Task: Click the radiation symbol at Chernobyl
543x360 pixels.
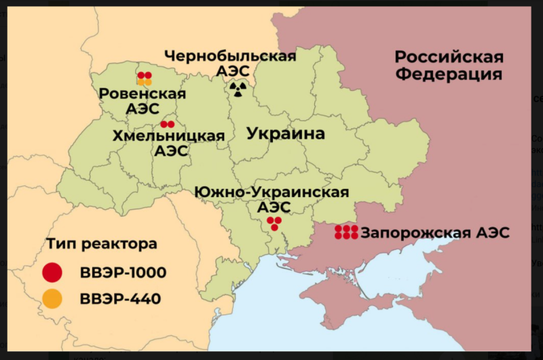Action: pyautogui.click(x=238, y=88)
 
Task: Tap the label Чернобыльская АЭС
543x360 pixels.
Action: pyautogui.click(x=230, y=63)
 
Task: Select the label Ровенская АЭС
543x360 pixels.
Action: pyautogui.click(x=143, y=101)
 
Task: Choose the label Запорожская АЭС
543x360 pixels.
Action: pyautogui.click(x=435, y=233)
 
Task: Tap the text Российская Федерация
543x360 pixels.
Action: pyautogui.click(x=449, y=65)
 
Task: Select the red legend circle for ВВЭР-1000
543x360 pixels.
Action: pyautogui.click(x=52, y=272)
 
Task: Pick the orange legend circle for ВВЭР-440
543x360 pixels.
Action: pyautogui.click(x=52, y=298)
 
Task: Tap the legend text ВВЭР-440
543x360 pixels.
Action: pyautogui.click(x=120, y=298)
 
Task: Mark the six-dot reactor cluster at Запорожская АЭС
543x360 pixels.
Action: pyautogui.click(x=346, y=232)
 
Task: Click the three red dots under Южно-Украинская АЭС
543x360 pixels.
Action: pyautogui.click(x=274, y=223)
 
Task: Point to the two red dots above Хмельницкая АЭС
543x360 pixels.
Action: pyautogui.click(x=168, y=124)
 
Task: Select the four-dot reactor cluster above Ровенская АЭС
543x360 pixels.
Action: pyautogui.click(x=145, y=79)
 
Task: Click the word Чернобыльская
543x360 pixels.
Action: pyautogui.click(x=230, y=56)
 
